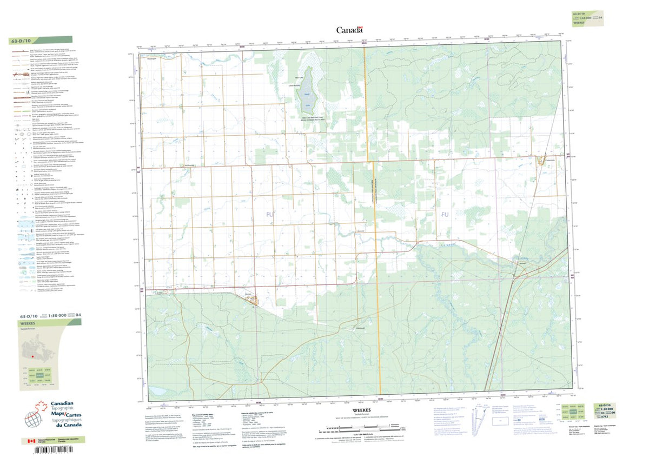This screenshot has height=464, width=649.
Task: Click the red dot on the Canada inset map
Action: point(33,356)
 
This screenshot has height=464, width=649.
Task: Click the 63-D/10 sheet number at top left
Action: point(21,41)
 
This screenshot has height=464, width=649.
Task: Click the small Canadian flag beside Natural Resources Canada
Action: point(25,442)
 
